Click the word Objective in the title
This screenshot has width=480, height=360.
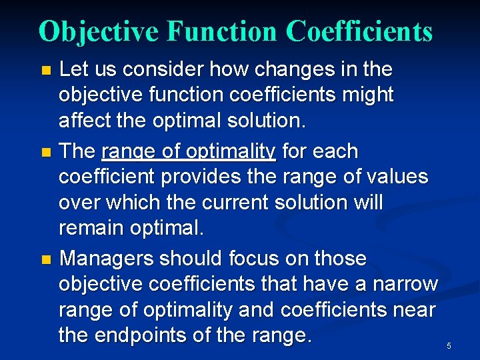tap(99, 31)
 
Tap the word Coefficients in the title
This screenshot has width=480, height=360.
tap(359, 31)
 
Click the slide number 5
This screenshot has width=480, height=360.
tap(449, 345)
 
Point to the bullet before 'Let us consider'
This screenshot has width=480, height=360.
tap(45, 70)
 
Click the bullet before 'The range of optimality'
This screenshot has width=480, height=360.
tap(45, 152)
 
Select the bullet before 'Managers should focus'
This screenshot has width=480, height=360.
tap(45, 259)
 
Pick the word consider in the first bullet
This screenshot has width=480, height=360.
tap(169, 69)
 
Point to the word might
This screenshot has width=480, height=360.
tap(368, 95)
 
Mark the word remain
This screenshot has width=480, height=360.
tap(91, 228)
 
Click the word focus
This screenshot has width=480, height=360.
tap(253, 258)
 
